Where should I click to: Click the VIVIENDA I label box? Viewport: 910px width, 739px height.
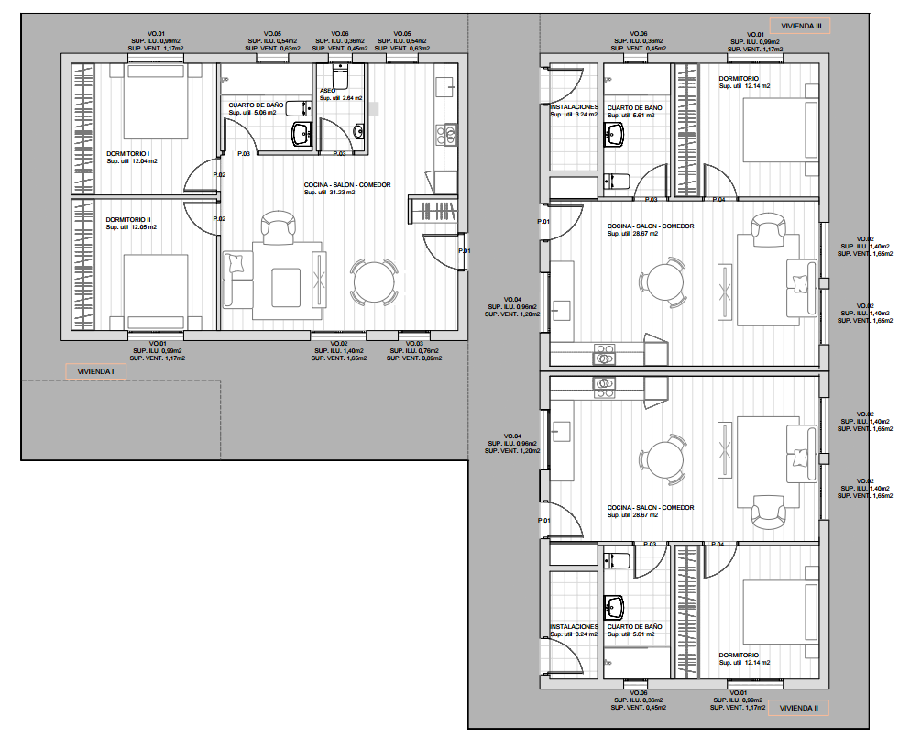tap(95, 371)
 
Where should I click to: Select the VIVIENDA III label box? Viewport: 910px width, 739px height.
tap(799, 27)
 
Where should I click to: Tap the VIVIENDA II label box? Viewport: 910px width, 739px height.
tap(799, 708)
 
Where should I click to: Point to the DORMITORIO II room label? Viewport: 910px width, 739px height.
tap(128, 220)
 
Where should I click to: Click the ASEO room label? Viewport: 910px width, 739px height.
tap(328, 91)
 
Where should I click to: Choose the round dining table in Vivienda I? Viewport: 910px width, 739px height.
tap(374, 282)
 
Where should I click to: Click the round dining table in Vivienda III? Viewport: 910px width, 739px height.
tap(663, 281)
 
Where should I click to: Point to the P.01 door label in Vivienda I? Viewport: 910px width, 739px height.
tap(464, 251)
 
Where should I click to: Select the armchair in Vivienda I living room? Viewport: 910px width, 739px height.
tap(277, 226)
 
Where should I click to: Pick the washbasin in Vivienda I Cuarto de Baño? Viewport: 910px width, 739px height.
tap(302, 135)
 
